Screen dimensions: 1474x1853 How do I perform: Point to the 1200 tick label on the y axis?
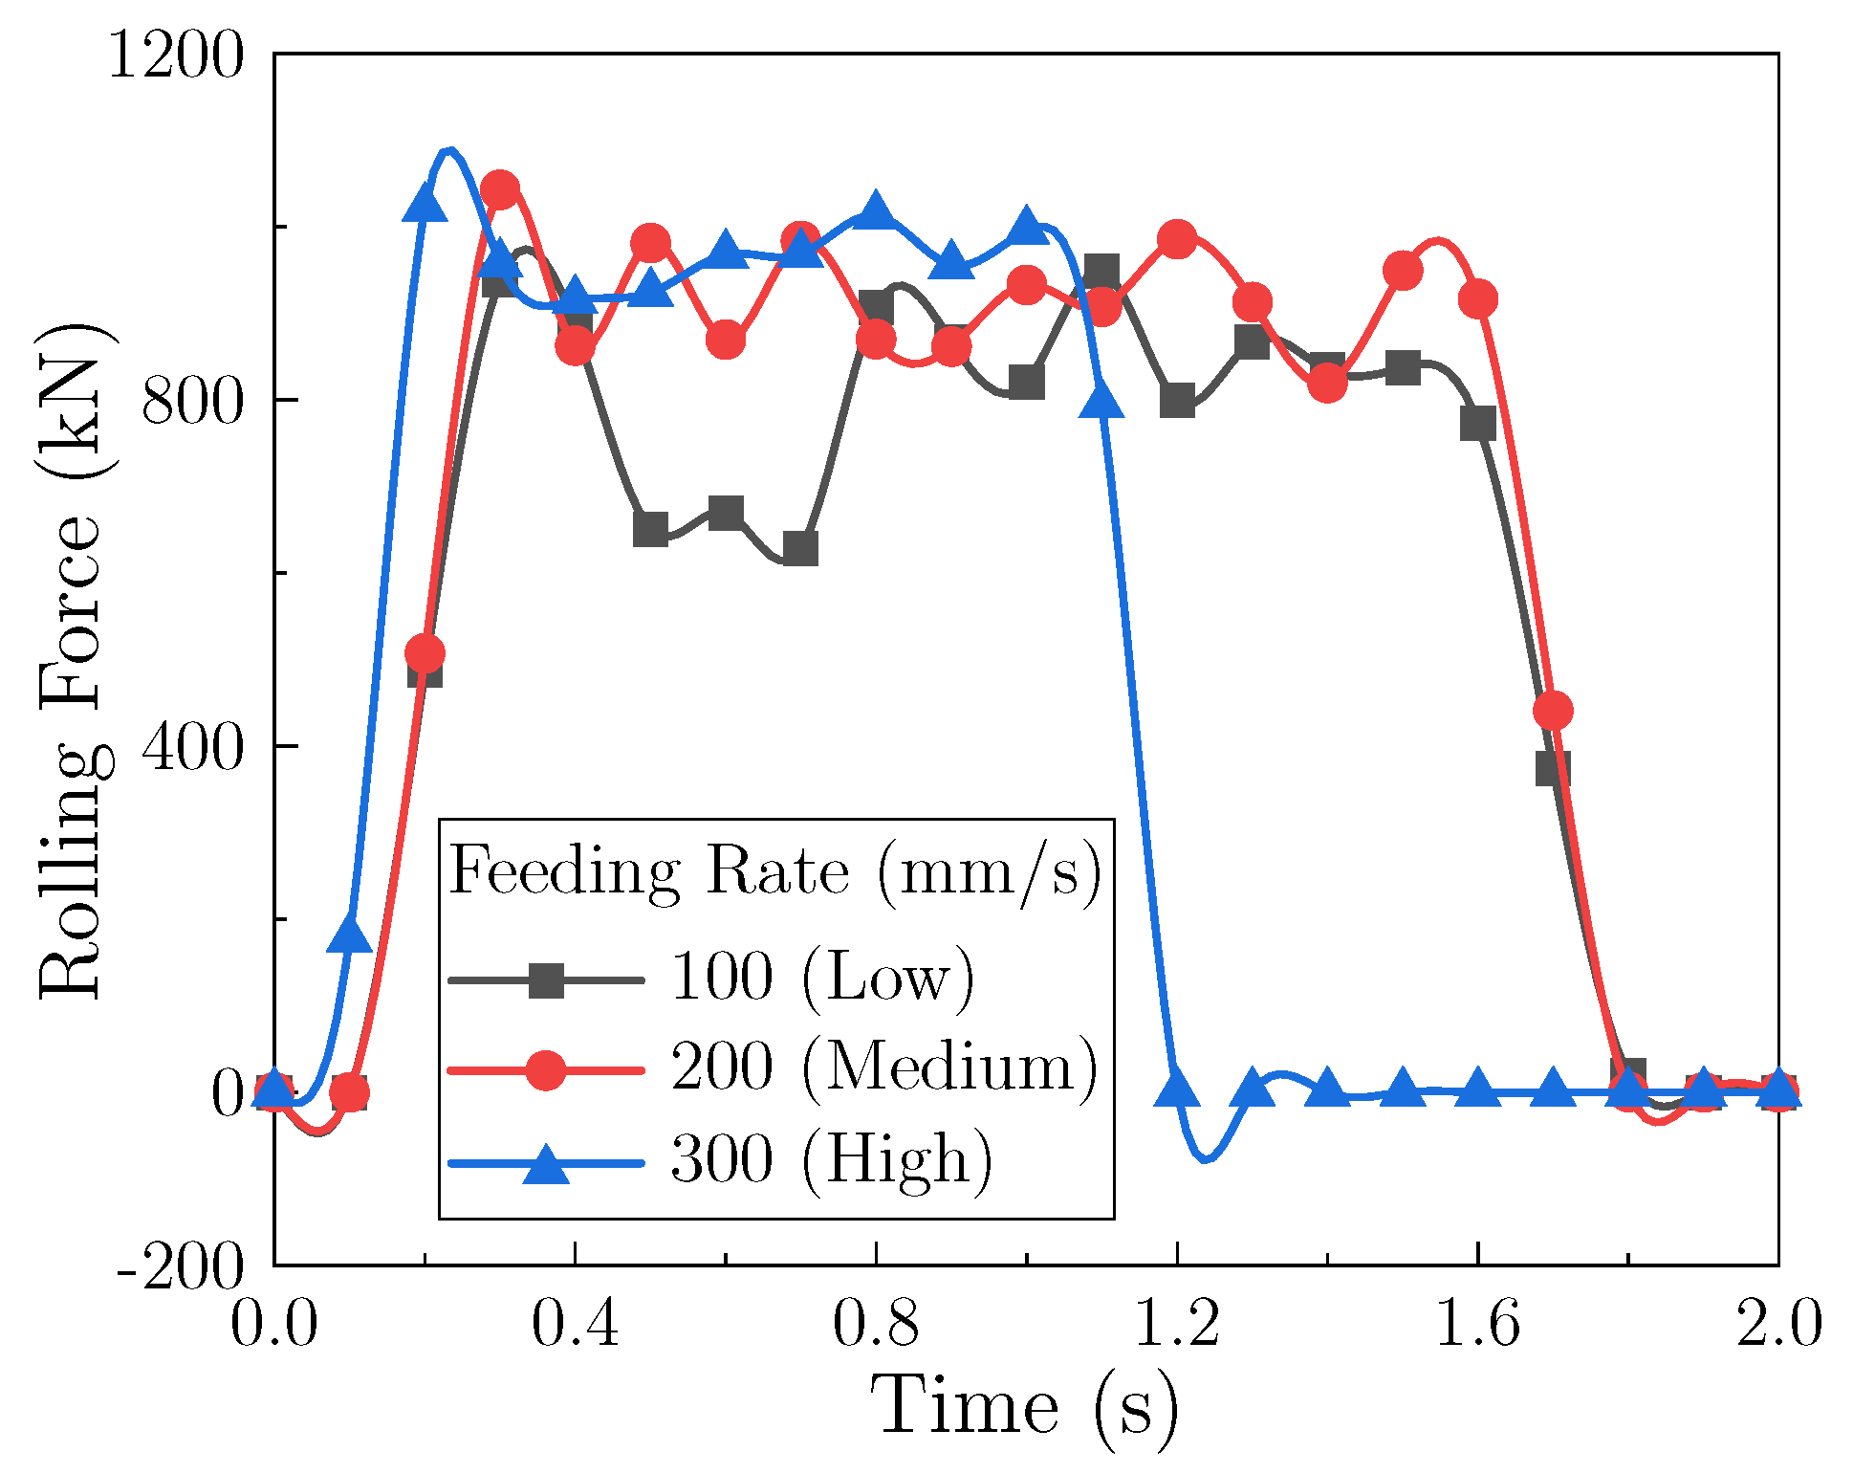point(176,55)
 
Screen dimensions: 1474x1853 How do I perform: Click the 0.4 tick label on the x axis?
point(575,1325)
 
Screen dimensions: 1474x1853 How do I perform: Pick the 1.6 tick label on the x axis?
point(1477,1325)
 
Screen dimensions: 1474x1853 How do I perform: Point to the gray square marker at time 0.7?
point(800,548)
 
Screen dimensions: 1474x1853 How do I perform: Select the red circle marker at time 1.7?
point(1553,711)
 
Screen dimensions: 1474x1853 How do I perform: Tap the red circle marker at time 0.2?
point(425,654)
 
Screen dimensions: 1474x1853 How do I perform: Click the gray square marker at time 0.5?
point(650,529)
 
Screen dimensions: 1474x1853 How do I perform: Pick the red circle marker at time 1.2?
point(1177,239)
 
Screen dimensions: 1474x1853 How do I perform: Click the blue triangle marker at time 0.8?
point(876,209)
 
